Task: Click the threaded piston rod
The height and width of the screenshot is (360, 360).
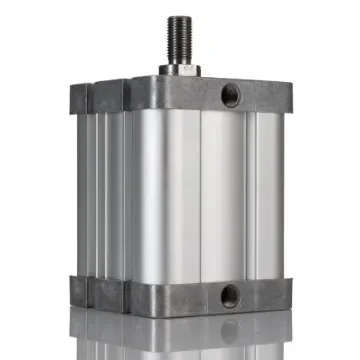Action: pos(181,44)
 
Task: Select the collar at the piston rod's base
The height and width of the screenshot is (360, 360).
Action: pos(181,70)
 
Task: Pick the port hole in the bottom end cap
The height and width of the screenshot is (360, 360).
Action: pos(230,295)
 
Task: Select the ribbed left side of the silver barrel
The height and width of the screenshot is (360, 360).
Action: pos(100,190)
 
